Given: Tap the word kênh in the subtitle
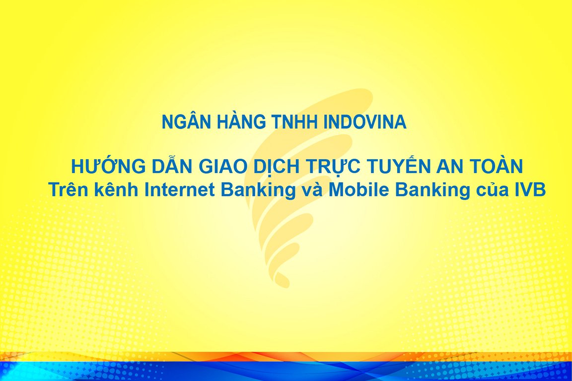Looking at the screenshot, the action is point(117,189).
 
